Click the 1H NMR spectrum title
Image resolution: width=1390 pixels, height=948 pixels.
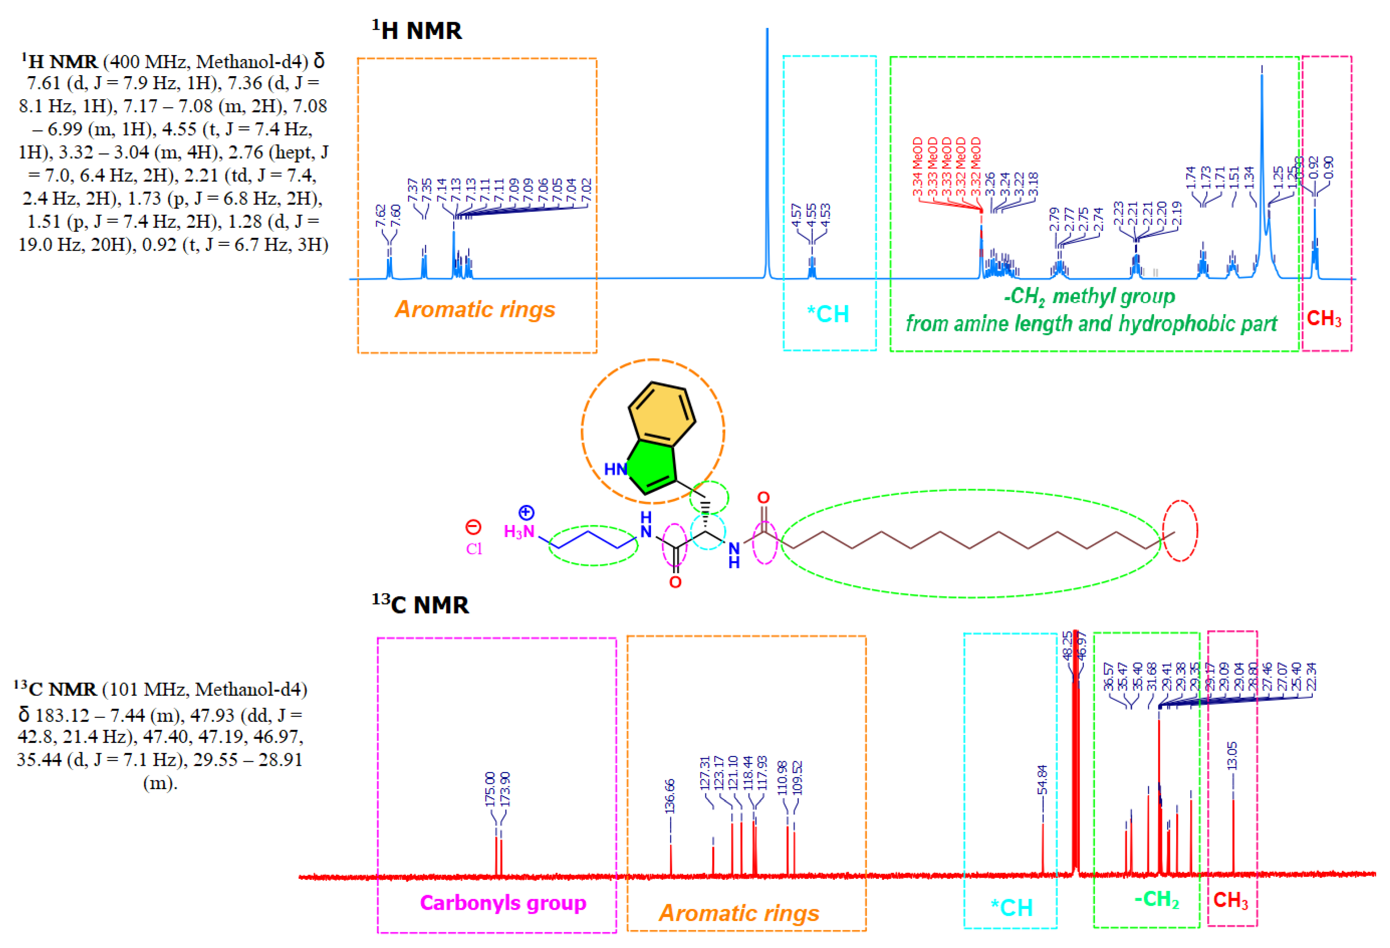(x=416, y=30)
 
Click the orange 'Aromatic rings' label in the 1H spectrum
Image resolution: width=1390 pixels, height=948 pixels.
(x=475, y=309)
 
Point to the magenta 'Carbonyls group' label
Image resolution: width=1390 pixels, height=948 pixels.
(x=503, y=902)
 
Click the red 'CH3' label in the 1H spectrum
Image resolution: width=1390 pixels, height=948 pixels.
(x=1324, y=318)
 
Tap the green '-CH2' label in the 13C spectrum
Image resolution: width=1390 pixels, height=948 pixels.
(x=1156, y=899)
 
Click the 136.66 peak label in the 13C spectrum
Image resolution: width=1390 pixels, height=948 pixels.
(x=670, y=795)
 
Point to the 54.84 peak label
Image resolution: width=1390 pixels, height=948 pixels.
(x=1042, y=779)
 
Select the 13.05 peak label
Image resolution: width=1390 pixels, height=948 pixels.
(x=1232, y=755)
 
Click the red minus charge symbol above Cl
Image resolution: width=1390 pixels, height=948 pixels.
(x=473, y=527)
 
